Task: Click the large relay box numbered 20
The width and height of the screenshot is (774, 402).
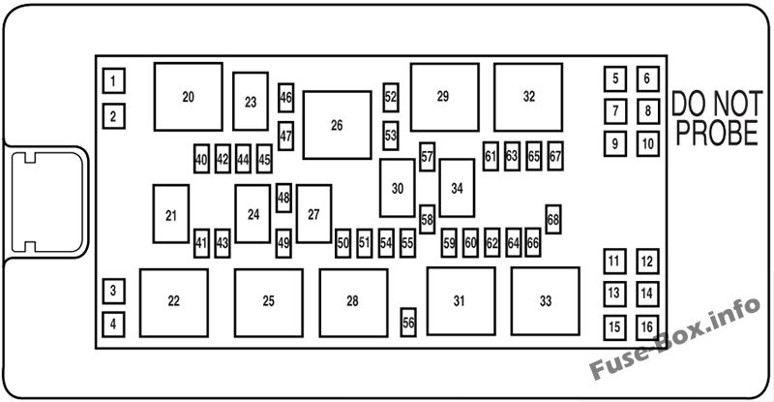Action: (x=188, y=97)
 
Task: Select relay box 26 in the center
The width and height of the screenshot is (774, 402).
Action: (x=337, y=125)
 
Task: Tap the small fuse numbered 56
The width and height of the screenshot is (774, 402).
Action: (x=408, y=323)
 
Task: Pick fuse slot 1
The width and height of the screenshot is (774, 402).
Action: (x=113, y=80)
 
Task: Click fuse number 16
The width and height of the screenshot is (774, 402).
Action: (x=647, y=327)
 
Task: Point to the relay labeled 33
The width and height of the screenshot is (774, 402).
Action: (x=546, y=301)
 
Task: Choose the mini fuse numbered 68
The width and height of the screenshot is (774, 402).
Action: (x=553, y=219)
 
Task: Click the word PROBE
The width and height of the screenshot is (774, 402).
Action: (x=717, y=132)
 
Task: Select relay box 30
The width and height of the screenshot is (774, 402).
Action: (x=398, y=188)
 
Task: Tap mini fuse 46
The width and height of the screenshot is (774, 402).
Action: (x=285, y=98)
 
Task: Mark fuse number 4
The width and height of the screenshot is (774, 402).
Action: (x=113, y=325)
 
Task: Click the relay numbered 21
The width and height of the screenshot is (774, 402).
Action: (x=171, y=214)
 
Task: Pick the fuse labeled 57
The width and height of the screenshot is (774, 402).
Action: (x=427, y=157)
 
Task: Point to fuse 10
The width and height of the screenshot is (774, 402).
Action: (x=647, y=144)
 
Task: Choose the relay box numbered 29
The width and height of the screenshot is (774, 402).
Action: (x=445, y=97)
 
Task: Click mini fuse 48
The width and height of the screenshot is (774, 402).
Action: (x=283, y=198)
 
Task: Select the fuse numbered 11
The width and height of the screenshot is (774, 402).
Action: (x=614, y=262)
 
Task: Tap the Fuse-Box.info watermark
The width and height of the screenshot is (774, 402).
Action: (x=675, y=338)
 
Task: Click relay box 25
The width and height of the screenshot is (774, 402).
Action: (x=269, y=303)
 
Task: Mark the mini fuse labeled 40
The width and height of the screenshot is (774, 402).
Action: (x=201, y=159)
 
